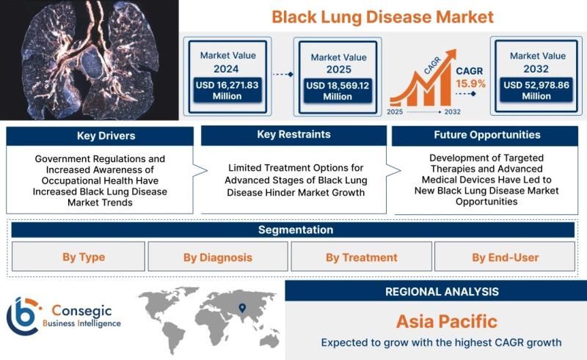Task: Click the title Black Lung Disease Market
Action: pos(382,17)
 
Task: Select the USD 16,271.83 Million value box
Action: pos(227,90)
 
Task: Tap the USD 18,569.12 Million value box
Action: pos(338,91)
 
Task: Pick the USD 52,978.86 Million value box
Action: pos(536,90)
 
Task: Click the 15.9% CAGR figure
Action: pos(470,84)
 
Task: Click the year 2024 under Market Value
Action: pos(226,69)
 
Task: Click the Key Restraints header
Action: pos(293,135)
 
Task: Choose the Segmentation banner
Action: pos(293,229)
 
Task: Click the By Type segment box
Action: pos(79,257)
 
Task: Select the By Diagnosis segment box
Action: pos(218,257)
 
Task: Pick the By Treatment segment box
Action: pos(361,257)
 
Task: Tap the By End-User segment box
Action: pos(505,257)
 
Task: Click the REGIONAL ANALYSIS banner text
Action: pos(442,292)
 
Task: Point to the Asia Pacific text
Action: pos(447,321)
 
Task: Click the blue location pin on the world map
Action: pos(242,308)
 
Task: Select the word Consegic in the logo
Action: pos(81,311)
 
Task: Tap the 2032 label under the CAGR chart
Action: pos(452,112)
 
